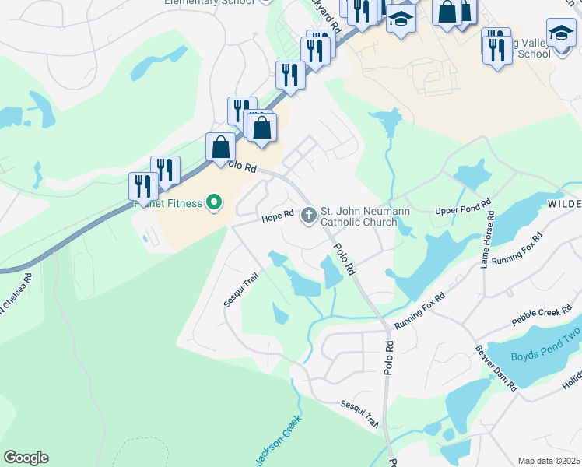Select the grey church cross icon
pyautogui.click(x=309, y=214)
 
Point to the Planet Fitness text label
pyautogui.click(x=167, y=204)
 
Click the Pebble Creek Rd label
pyautogui.click(x=542, y=318)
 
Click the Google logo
pyautogui.click(x=26, y=458)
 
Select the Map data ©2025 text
pyautogui.click(x=549, y=461)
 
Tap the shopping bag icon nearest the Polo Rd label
pyautogui.click(x=221, y=146)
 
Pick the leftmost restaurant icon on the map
pyautogui.click(x=143, y=186)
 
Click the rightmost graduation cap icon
pyautogui.click(x=561, y=32)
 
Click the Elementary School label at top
pyautogui.click(x=209, y=2)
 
